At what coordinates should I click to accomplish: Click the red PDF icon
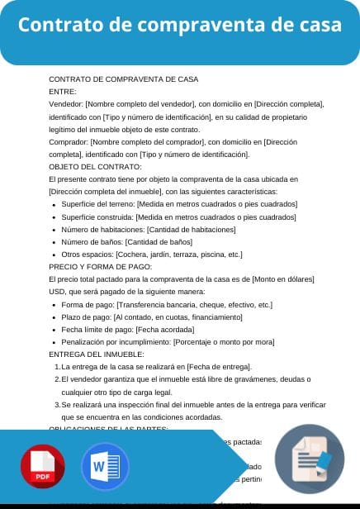44,468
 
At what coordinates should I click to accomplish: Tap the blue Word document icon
105,468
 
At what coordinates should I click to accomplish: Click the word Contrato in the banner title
64,26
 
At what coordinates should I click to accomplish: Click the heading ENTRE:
63,92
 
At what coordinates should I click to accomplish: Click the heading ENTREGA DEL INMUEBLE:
97,354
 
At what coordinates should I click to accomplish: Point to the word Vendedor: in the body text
66,104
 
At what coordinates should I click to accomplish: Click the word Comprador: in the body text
69,141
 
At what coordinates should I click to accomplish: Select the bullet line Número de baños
126,242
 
